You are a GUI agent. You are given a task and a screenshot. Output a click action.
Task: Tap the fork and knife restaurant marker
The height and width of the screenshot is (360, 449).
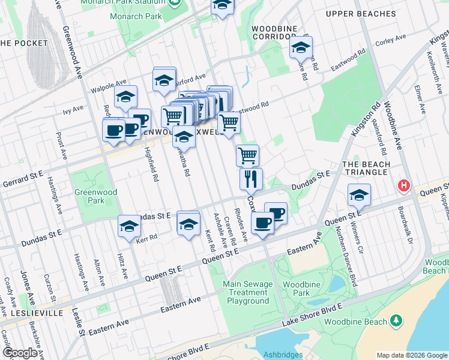pos(251,178)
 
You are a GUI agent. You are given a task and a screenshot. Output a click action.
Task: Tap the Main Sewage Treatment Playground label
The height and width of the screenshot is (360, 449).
pos(248,292)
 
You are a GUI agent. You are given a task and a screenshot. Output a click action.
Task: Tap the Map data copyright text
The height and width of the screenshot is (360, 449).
pos(412,355)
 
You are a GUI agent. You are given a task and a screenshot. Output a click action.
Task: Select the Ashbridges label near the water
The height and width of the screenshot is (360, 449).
pos(282,355)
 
